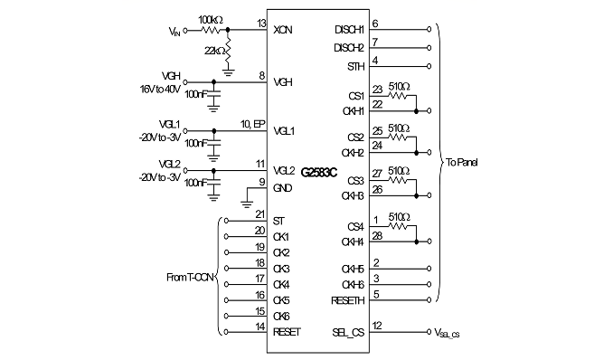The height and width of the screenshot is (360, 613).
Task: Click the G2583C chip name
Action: pyautogui.click(x=318, y=172)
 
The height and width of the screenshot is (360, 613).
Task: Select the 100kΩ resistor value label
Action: pyautogui.click(x=211, y=20)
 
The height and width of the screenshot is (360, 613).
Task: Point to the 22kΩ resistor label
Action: pyautogui.click(x=214, y=51)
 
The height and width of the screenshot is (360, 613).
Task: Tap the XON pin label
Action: pyautogui.click(x=283, y=30)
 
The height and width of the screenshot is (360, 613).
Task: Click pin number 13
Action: pyautogui.click(x=261, y=24)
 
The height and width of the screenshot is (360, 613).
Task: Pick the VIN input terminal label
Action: pyautogui.click(x=174, y=31)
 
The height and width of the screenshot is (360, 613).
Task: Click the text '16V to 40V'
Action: pyautogui.click(x=160, y=90)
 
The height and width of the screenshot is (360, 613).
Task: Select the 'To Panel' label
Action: pyautogui.click(x=462, y=163)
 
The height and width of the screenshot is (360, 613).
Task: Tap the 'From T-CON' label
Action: pyautogui.click(x=190, y=277)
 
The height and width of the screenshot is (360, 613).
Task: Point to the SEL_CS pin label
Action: pyautogui.click(x=348, y=333)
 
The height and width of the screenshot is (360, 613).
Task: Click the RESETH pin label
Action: pyautogui.click(x=347, y=300)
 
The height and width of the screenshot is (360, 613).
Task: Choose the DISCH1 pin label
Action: pyautogui.click(x=350, y=30)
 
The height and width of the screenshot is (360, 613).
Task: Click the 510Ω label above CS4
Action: pyautogui.click(x=399, y=217)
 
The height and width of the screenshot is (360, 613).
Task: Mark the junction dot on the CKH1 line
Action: pyautogui.click(x=417, y=111)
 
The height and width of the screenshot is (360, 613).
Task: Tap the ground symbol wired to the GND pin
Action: pyautogui.click(x=247, y=204)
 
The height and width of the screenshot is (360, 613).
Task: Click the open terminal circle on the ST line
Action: pyautogui.click(x=226, y=221)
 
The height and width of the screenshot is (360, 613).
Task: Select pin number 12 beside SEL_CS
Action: pyautogui.click(x=377, y=326)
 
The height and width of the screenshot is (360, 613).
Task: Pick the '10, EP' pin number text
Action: pyautogui.click(x=252, y=124)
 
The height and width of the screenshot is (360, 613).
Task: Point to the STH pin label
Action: pyautogui.click(x=355, y=67)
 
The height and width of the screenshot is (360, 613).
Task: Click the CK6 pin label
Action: pyautogui.click(x=281, y=317)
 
